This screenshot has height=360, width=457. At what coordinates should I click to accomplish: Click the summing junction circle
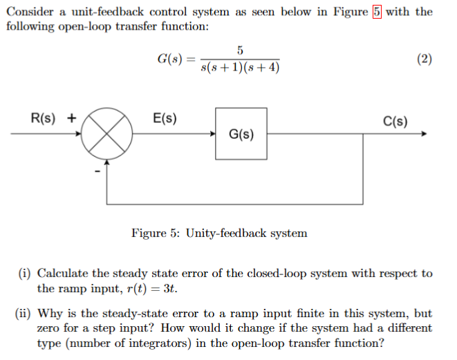(x=106, y=135)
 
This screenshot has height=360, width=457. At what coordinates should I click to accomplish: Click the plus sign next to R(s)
(x=71, y=118)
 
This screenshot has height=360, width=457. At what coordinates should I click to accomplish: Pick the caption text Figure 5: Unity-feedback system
(x=219, y=233)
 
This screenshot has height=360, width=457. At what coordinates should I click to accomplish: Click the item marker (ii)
(x=24, y=314)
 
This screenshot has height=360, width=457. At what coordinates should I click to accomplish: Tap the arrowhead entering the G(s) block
(x=212, y=135)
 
